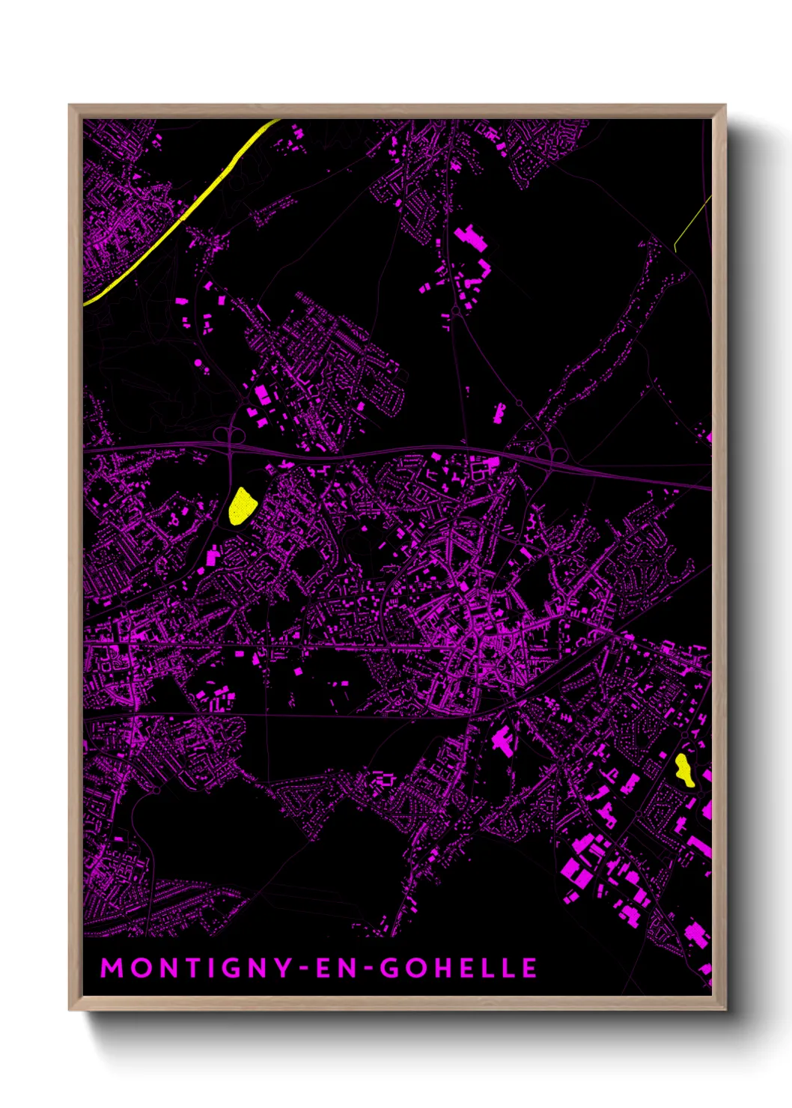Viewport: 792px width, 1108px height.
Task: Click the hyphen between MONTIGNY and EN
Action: pyautogui.click(x=305, y=969)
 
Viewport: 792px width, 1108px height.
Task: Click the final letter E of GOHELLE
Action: pyautogui.click(x=529, y=968)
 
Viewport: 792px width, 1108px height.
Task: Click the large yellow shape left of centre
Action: pyautogui.click(x=241, y=507)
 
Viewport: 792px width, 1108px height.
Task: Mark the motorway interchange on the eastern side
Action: pyautogui.click(x=553, y=453)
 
